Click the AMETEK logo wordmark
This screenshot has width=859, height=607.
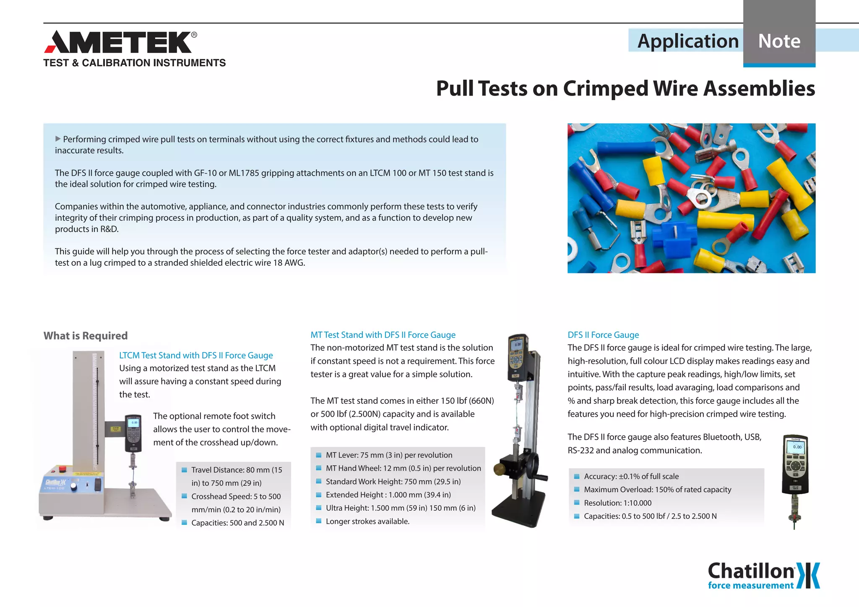pyautogui.click(x=120, y=42)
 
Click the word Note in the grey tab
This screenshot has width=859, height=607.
pyautogui.click(x=779, y=41)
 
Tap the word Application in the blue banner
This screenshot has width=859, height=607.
pyautogui.click(x=687, y=41)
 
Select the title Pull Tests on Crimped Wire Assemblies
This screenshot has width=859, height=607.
pyautogui.click(x=625, y=88)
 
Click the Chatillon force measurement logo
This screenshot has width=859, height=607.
pyautogui.click(x=763, y=576)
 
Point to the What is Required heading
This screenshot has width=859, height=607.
pyautogui.click(x=86, y=336)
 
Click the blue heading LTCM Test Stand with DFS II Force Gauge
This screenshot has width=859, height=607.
pyautogui.click(x=196, y=355)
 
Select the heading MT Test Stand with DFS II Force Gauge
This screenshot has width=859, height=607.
pyautogui.click(x=383, y=335)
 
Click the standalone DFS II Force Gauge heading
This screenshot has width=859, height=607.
pyautogui.click(x=603, y=335)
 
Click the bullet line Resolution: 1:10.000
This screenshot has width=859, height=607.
pyautogui.click(x=617, y=503)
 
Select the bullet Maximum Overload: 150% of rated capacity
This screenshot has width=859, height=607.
pyautogui.click(x=657, y=490)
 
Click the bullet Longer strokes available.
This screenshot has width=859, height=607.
pyautogui.click(x=367, y=521)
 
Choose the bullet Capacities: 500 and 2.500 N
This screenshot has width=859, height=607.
pyautogui.click(x=237, y=523)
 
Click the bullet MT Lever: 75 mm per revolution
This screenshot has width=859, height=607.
pyautogui.click(x=389, y=455)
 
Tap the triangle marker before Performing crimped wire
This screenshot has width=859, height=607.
pyautogui.click(x=58, y=139)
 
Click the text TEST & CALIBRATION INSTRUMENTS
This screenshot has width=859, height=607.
pyautogui.click(x=134, y=63)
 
